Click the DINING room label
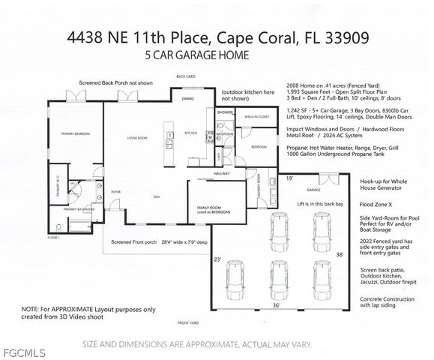click(x=188, y=98)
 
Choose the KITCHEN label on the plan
click(x=192, y=132)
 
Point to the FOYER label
click(x=116, y=192)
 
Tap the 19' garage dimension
click(x=289, y=178)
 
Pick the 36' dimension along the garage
click(x=275, y=305)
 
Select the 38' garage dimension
click(x=340, y=254)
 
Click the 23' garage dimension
click(x=218, y=259)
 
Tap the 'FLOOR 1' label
click(x=53, y=236)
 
